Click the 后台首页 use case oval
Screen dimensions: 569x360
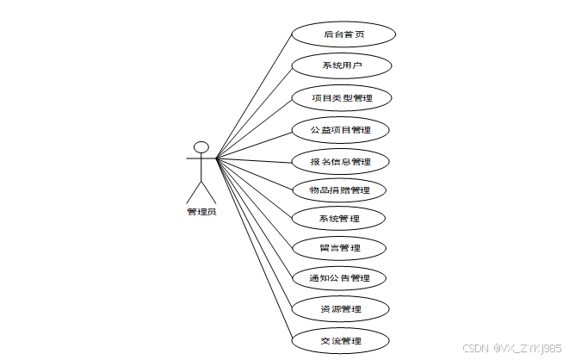pyautogui.click(x=343, y=34)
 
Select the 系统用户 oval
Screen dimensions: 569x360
pyautogui.click(x=342, y=65)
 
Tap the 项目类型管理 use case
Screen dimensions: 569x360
pyautogui.click(x=342, y=98)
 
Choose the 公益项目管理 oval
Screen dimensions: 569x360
pyautogui.click(x=342, y=130)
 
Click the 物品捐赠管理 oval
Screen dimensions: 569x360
pyautogui.click(x=339, y=189)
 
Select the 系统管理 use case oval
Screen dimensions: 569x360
pyautogui.click(x=339, y=219)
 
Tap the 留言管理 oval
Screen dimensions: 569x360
pyautogui.click(x=339, y=248)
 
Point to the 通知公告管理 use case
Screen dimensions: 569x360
pyautogui.click(x=339, y=278)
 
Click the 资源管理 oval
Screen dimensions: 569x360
pyautogui.click(x=339, y=308)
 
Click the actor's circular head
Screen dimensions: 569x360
pyautogui.click(x=201, y=147)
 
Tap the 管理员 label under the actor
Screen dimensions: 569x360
pyautogui.click(x=201, y=212)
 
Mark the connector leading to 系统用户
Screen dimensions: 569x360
pyautogui.click(x=254, y=112)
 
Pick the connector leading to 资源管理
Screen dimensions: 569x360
pyautogui.click(x=254, y=233)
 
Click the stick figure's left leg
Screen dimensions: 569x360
pyautogui.click(x=195, y=192)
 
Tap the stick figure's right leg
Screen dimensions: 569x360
pyautogui.click(x=208, y=192)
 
